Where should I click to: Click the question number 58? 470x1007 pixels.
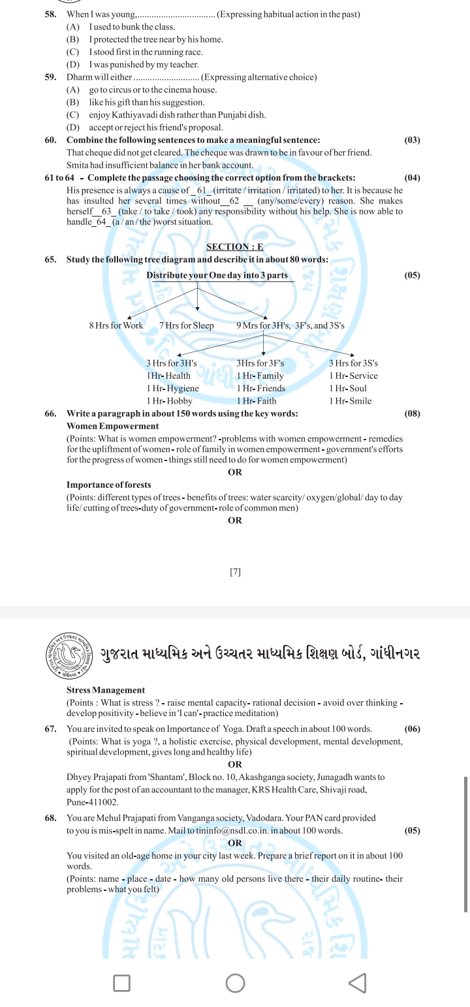[50, 14]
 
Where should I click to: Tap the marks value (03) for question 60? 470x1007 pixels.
[412, 140]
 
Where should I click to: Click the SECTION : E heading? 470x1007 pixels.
[235, 247]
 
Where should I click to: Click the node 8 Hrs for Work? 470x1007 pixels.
[116, 325]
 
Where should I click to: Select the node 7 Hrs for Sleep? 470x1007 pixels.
[186, 325]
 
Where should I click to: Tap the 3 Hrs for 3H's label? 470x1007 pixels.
[172, 363]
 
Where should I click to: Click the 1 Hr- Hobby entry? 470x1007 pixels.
[169, 401]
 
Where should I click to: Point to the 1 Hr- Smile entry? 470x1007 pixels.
[350, 401]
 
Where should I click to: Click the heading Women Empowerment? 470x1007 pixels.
[112, 427]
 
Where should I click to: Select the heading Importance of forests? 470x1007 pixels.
[108, 485]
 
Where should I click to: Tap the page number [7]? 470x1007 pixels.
[235, 572]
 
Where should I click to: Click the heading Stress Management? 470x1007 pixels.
[106, 690]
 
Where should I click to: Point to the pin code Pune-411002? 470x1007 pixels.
[93, 802]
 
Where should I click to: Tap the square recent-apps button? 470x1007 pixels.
[121, 983]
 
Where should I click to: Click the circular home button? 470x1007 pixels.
[235, 983]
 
